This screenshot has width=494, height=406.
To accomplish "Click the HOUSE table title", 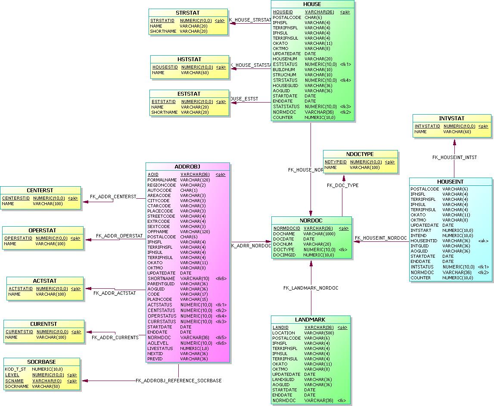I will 312,4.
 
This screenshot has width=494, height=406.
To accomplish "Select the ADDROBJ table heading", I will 187,167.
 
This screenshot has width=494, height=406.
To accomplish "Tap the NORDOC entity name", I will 311,221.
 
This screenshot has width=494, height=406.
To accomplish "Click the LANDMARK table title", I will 310,320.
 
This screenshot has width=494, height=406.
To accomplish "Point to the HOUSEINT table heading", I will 450,182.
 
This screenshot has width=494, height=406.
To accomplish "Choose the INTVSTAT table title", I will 451,119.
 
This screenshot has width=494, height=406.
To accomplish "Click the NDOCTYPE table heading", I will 360,154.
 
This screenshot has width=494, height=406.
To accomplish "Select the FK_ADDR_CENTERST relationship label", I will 113,197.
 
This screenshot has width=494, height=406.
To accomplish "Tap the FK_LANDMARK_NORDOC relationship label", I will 311,288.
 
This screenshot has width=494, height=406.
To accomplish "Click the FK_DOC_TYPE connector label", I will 342,185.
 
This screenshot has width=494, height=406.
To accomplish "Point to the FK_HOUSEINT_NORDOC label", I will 381,238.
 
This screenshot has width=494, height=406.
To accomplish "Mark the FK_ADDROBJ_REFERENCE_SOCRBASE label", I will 178,381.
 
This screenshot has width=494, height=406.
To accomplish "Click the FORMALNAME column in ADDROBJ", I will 162,180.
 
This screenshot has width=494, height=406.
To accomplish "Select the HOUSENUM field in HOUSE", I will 284,59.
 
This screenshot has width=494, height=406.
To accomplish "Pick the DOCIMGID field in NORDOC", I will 284,255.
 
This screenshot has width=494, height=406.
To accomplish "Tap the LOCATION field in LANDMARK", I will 283,333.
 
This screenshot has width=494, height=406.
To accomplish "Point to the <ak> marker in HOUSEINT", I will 483,241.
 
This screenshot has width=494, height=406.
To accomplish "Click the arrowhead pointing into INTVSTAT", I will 454,142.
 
